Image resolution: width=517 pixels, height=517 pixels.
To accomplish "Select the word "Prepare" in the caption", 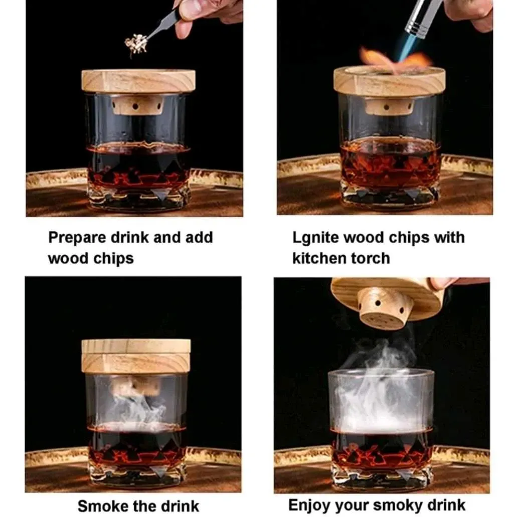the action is pos(78,238).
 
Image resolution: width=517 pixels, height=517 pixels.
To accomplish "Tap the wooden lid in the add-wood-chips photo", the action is pos(138,81).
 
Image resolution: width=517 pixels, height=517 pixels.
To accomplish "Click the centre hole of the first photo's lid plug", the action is pos(135,106).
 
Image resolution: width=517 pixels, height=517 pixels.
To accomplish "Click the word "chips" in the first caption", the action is pos(113,259).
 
